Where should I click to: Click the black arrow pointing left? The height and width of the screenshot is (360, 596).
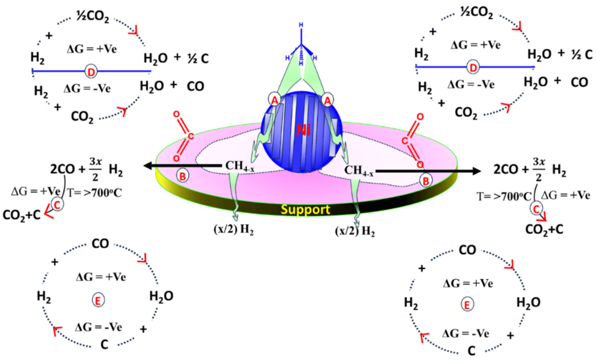coord(175,167)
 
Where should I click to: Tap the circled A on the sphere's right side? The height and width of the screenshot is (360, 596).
coord(328,100)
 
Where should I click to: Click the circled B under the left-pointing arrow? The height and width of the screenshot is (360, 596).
coord(182,176)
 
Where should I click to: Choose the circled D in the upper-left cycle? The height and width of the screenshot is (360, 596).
coord(91,72)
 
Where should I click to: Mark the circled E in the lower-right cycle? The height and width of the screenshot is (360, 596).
coord(466,303)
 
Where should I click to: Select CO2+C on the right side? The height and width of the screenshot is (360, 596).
coord(545,229)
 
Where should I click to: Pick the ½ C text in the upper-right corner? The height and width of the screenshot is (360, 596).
coord(580,54)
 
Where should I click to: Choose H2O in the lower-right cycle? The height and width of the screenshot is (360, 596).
coord(528,302)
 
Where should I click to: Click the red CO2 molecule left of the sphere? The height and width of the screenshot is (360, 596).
coord(185,137)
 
